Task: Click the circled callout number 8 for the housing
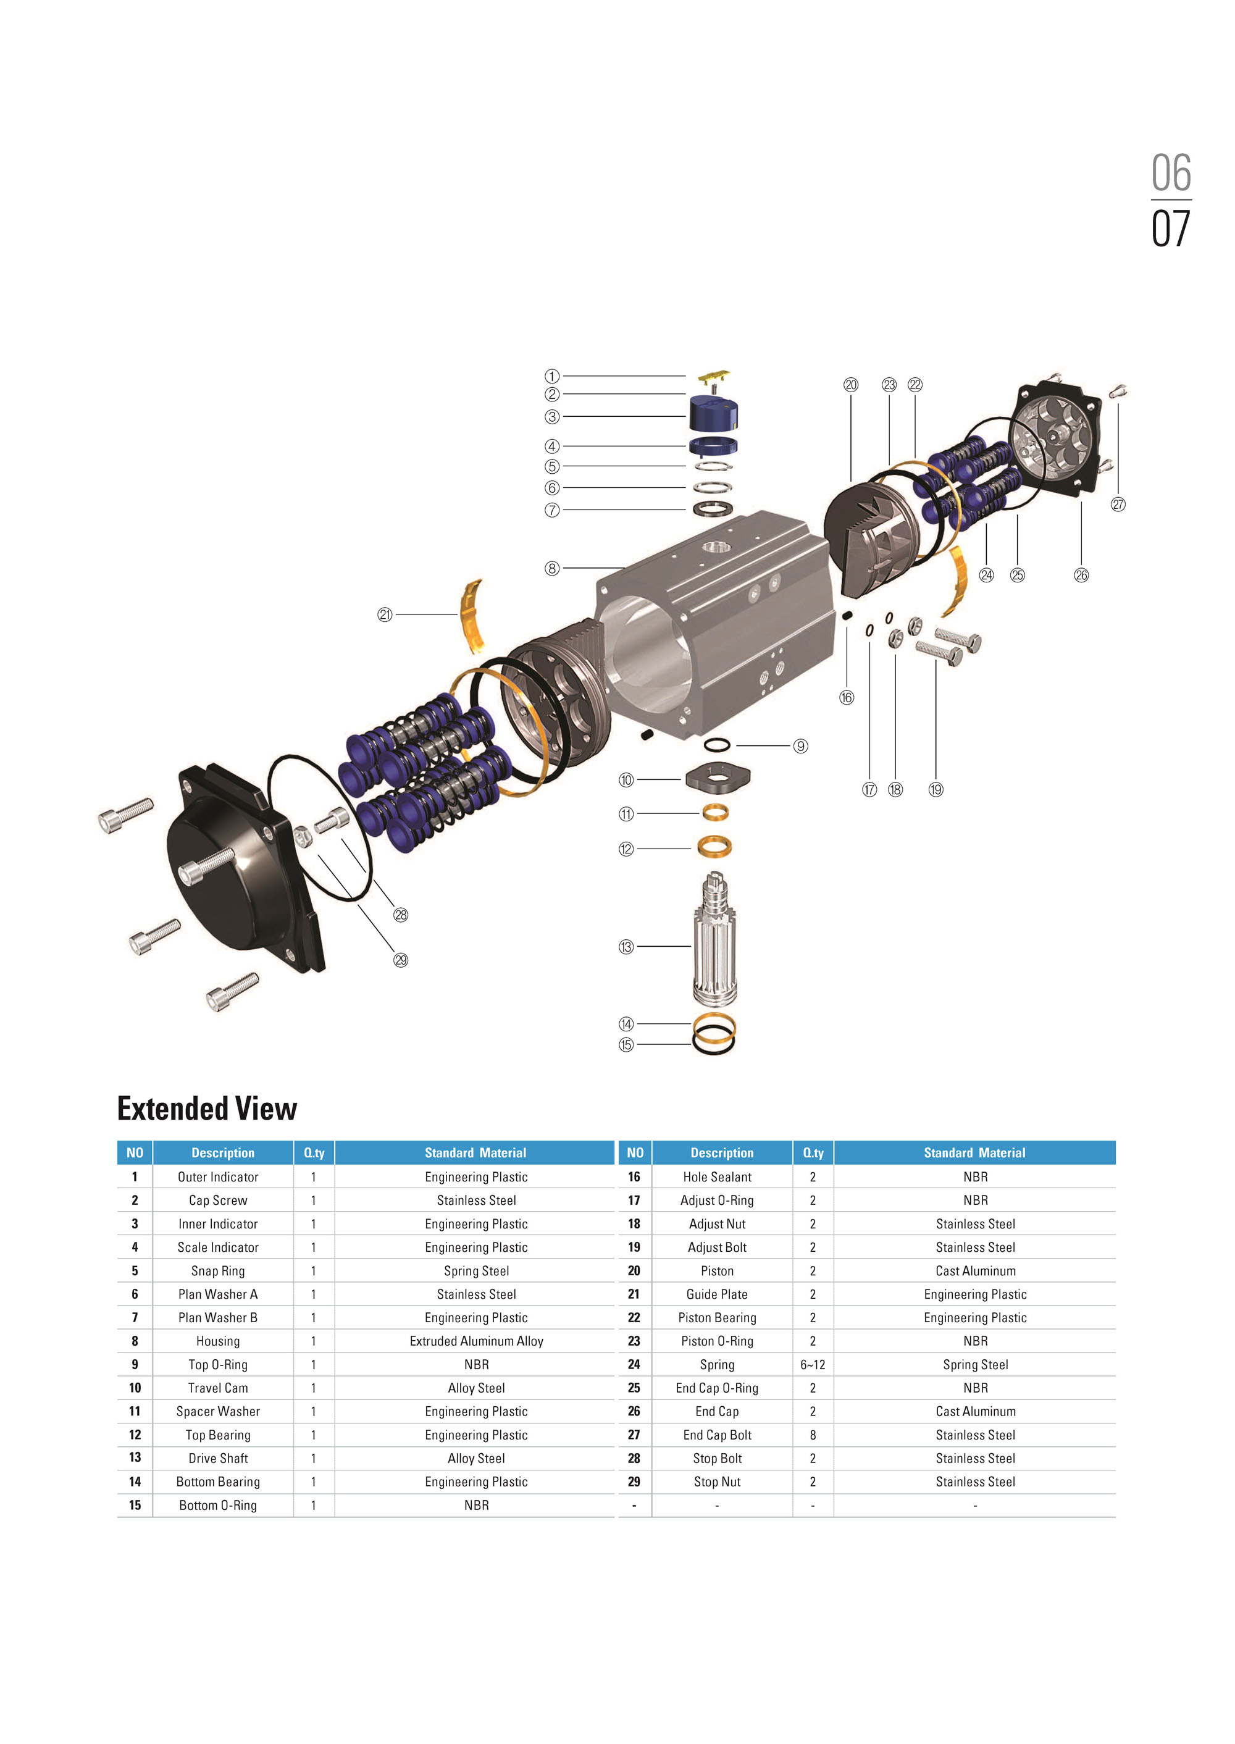pyautogui.click(x=552, y=568)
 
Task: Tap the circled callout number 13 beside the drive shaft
pyautogui.click(x=626, y=947)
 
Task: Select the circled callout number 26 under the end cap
pyautogui.click(x=1081, y=575)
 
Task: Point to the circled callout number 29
pyautogui.click(x=401, y=960)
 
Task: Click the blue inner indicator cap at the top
pyautogui.click(x=713, y=413)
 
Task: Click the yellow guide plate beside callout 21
pyautogui.click(x=472, y=616)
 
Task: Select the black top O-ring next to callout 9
pyautogui.click(x=717, y=745)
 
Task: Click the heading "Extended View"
pyautogui.click(x=207, y=1109)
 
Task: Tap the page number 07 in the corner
pyautogui.click(x=1170, y=229)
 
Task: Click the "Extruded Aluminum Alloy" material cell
pyautogui.click(x=476, y=1341)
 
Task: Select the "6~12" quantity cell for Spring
pyautogui.click(x=812, y=1364)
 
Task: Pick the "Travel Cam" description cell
pyautogui.click(x=217, y=1388)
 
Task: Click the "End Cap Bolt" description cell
pyautogui.click(x=717, y=1435)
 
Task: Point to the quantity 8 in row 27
pyautogui.click(x=812, y=1435)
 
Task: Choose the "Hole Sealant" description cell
pyautogui.click(x=717, y=1176)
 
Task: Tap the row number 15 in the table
pyautogui.click(x=135, y=1505)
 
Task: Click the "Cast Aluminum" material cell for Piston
pyautogui.click(x=975, y=1271)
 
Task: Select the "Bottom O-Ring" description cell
pyautogui.click(x=217, y=1505)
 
